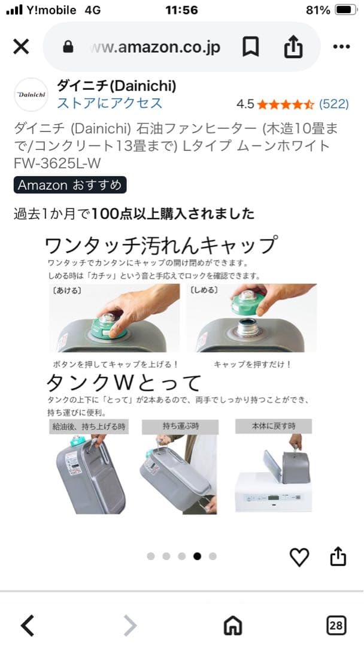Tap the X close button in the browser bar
[x=21, y=47]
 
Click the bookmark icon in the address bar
[x=250, y=47]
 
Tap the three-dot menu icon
[x=341, y=47]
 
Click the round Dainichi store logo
[x=31, y=94]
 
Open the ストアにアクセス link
[x=110, y=103]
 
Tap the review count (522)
[x=333, y=104]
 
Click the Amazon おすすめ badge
[x=70, y=185]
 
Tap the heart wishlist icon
[x=299, y=557]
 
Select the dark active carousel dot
[x=197, y=556]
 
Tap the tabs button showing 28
[x=336, y=626]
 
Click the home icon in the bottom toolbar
[x=232, y=626]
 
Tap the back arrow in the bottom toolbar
[x=27, y=626]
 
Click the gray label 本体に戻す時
[x=274, y=426]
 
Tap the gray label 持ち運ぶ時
[x=180, y=426]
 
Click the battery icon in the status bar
[x=346, y=10]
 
